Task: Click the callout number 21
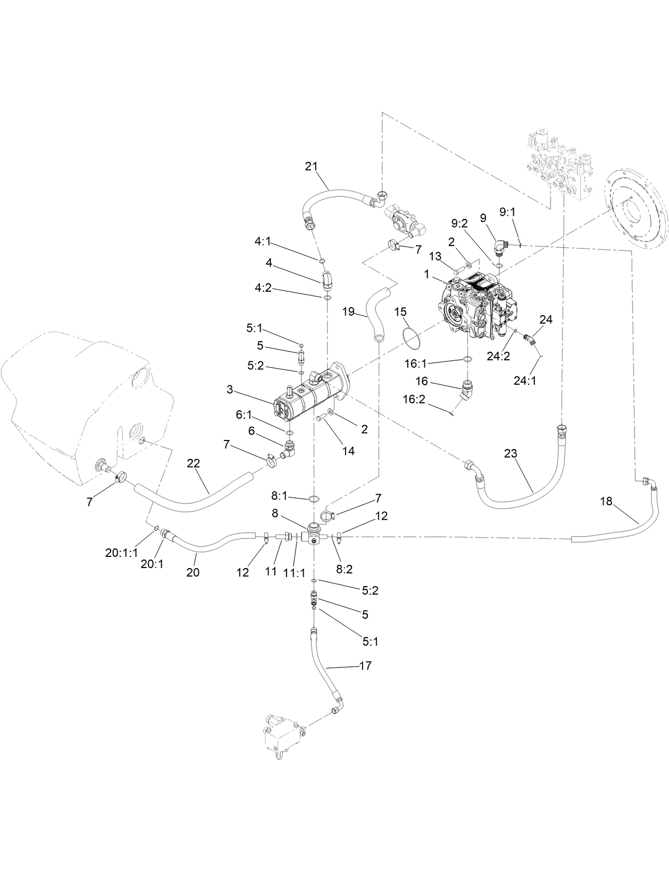click(x=311, y=166)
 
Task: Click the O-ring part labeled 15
click(x=409, y=338)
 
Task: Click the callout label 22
click(x=193, y=463)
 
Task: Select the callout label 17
click(x=365, y=665)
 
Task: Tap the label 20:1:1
click(x=121, y=553)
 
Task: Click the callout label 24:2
click(x=498, y=356)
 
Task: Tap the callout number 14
click(x=348, y=451)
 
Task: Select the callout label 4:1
click(x=263, y=241)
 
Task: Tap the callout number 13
click(x=435, y=257)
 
